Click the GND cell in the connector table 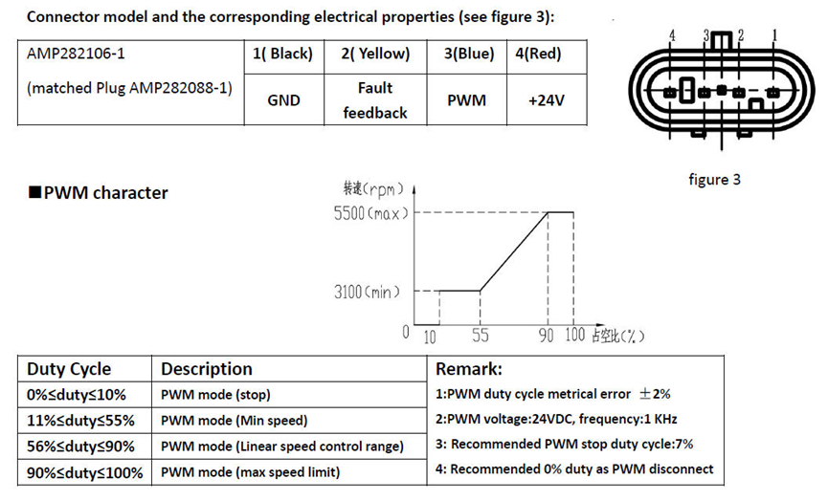point(283,100)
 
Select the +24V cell point(547,100)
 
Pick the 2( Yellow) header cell point(375,54)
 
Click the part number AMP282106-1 point(76,54)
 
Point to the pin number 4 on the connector point(672,36)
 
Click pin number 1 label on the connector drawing point(774,36)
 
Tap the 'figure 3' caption point(714,180)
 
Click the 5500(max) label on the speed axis point(371,213)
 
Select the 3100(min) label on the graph point(367,292)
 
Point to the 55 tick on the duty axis point(480,336)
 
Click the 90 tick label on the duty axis point(546,336)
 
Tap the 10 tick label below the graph point(430,337)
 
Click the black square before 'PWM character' point(34,192)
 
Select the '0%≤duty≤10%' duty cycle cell point(77,395)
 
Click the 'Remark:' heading point(469,369)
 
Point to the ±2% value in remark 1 point(655,394)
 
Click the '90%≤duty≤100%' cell point(85,472)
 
